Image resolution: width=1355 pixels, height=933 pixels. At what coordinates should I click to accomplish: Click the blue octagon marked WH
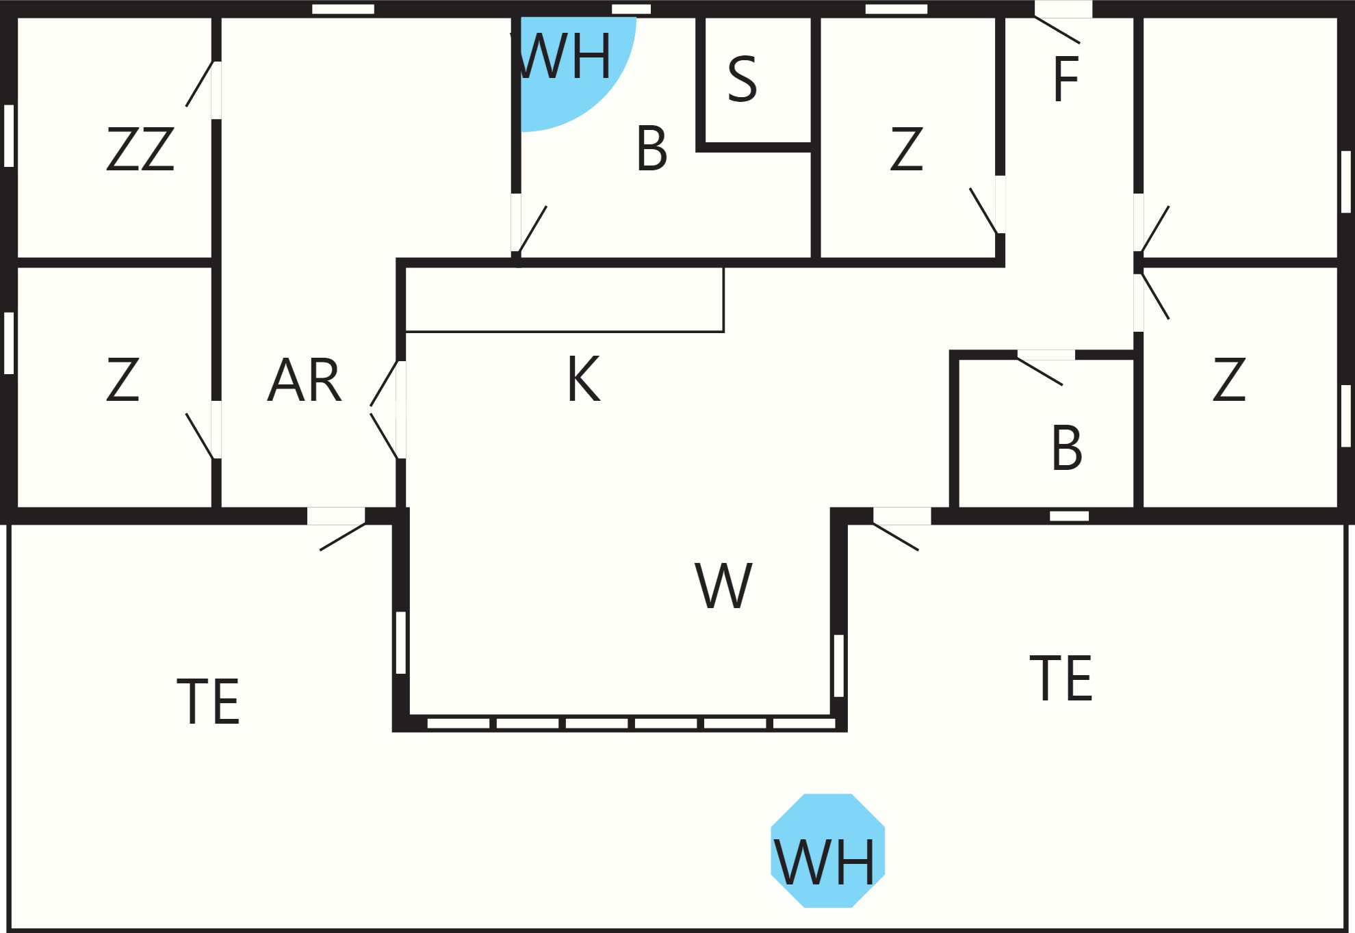[x=828, y=851]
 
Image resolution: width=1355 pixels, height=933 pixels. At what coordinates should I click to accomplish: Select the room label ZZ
[x=140, y=148]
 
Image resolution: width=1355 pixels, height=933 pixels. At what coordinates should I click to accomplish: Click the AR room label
[x=305, y=380]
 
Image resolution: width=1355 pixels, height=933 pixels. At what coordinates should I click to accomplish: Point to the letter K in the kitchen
[x=584, y=378]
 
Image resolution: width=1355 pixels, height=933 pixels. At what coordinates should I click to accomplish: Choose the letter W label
[x=723, y=586]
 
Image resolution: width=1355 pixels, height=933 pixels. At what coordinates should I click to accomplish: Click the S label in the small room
[x=743, y=79]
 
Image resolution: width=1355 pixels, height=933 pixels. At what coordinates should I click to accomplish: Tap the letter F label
[x=1066, y=79]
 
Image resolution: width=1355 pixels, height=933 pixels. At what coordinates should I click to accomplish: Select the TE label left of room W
[x=208, y=701]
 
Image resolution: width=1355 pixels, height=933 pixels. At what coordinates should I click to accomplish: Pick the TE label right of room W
[x=1061, y=678]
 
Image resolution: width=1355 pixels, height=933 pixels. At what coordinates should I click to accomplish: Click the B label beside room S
[x=651, y=148]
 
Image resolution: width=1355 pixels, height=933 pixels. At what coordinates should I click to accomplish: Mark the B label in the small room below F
[x=1067, y=448]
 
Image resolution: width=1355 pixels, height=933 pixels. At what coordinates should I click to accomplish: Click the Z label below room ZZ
[x=123, y=379]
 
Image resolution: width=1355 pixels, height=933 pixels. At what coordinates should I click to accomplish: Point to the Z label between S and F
[x=907, y=148]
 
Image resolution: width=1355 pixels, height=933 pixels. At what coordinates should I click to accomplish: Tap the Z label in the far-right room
[x=1229, y=379]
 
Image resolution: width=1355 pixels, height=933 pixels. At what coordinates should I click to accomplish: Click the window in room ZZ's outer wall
[x=9, y=135]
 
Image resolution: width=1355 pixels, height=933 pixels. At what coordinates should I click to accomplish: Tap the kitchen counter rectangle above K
[x=565, y=300]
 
